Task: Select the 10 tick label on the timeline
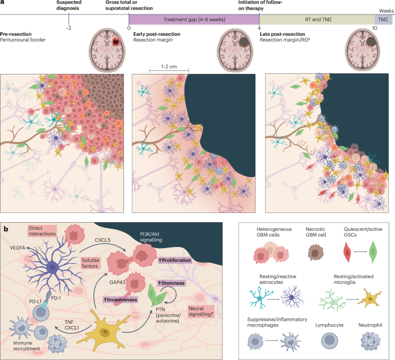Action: tap(375, 28)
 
